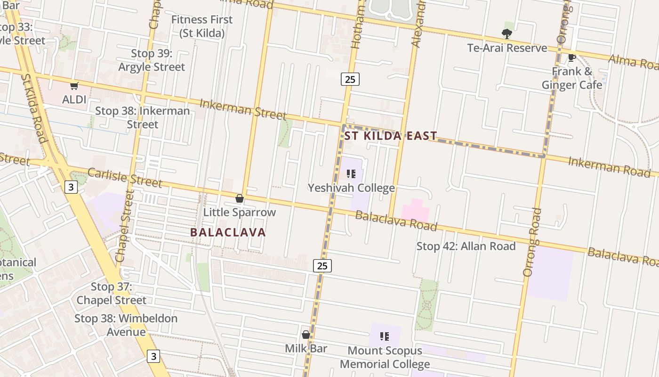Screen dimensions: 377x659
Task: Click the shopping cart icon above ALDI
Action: tap(74, 86)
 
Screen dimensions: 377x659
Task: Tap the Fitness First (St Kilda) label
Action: tap(202, 26)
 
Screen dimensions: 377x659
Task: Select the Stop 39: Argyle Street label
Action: tap(152, 60)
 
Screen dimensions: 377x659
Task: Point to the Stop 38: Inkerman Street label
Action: tap(143, 118)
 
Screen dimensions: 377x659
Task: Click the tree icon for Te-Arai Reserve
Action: tap(507, 33)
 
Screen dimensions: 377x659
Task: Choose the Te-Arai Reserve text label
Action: tap(507, 48)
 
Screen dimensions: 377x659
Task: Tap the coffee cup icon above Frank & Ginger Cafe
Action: tap(572, 58)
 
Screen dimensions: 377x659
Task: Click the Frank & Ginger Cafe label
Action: tap(572, 78)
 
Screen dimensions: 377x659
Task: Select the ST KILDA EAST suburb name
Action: tap(391, 136)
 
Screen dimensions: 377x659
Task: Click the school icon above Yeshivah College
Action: tap(351, 174)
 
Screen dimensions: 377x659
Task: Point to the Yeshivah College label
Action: tap(351, 188)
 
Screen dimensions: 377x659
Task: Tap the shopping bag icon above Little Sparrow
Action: tap(240, 198)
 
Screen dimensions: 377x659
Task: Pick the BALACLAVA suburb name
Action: tap(228, 232)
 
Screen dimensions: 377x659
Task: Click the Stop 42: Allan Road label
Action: tap(466, 246)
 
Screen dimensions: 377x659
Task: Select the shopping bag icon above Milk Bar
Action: tap(306, 335)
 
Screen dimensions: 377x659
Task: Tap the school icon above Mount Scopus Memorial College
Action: tap(385, 336)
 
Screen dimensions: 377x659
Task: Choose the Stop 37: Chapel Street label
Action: tap(112, 293)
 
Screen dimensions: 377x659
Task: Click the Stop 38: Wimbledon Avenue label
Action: tap(126, 325)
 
